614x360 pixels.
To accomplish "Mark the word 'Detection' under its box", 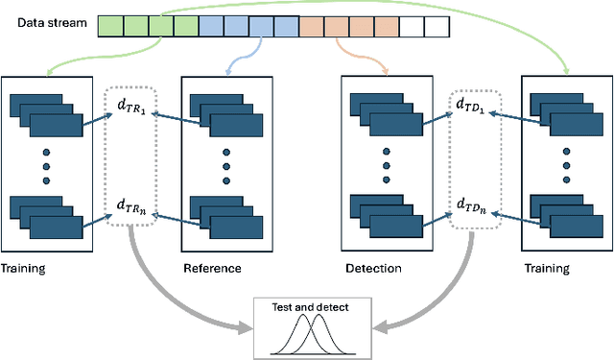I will tap(374, 268).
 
